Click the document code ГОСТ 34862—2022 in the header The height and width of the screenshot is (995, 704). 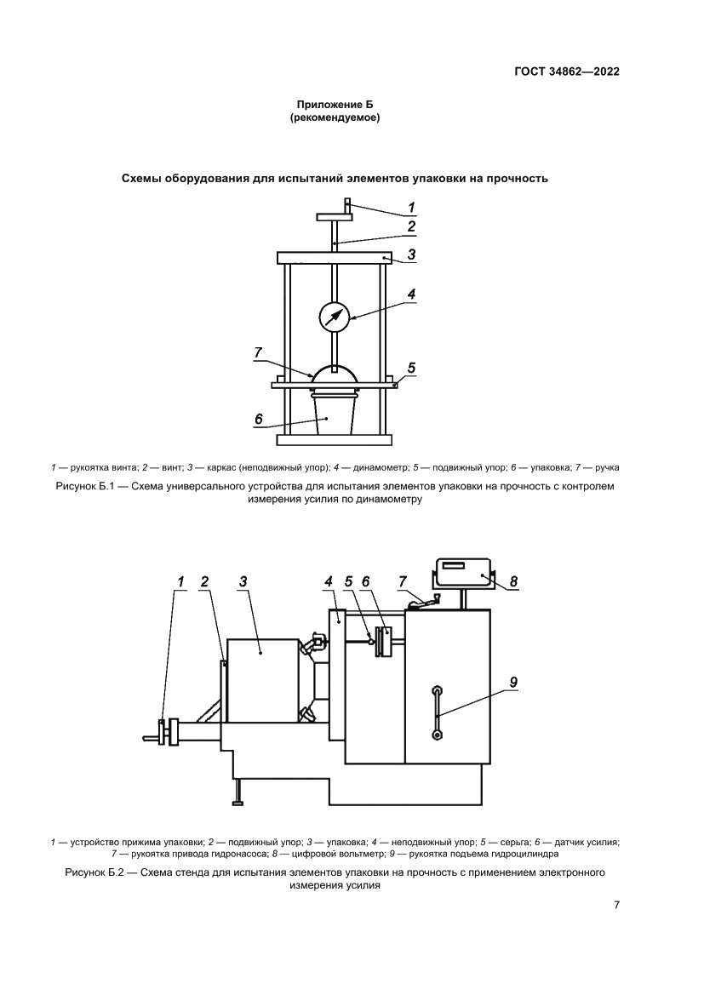(x=566, y=72)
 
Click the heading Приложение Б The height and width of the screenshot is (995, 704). (x=335, y=105)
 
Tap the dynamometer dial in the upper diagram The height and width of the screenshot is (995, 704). (x=335, y=317)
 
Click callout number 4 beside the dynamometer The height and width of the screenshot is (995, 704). (x=411, y=294)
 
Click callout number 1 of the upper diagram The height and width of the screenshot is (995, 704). (x=411, y=206)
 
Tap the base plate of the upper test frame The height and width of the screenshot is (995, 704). (x=335, y=441)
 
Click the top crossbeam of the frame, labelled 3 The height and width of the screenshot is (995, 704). (x=335, y=256)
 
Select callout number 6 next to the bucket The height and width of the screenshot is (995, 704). (x=258, y=419)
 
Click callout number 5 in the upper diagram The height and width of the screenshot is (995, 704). (x=411, y=368)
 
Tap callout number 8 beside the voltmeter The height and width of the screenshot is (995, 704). (x=513, y=582)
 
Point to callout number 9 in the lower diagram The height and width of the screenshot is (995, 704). (x=513, y=682)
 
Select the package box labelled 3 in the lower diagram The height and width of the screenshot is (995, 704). (x=262, y=681)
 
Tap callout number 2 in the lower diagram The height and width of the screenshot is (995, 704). (x=204, y=581)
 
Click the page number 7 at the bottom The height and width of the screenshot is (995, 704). (x=615, y=905)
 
